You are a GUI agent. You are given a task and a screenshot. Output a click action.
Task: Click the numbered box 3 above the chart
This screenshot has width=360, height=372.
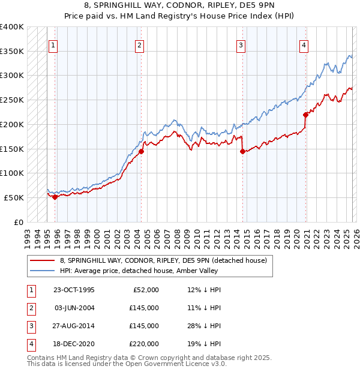pyautogui.click(x=241, y=44)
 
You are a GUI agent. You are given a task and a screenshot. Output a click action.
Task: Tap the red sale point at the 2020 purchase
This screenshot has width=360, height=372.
pyautogui.click(x=305, y=115)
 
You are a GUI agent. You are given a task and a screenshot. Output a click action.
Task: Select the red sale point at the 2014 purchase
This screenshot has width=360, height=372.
pyautogui.click(x=243, y=151)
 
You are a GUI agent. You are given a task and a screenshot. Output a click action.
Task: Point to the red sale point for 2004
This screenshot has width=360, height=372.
pyautogui.click(x=141, y=151)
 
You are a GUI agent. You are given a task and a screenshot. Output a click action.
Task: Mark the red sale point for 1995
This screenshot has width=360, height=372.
pyautogui.click(x=55, y=196)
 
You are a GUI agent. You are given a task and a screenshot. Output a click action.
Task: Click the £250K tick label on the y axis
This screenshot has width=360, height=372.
pyautogui.click(x=11, y=100)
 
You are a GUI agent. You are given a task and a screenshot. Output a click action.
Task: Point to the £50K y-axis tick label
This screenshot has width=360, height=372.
pyautogui.click(x=14, y=197)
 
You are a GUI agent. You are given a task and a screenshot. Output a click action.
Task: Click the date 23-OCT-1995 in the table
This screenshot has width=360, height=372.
pyautogui.click(x=74, y=290)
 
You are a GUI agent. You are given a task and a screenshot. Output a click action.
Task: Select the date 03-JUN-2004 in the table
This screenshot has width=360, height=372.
pyautogui.click(x=74, y=308)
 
